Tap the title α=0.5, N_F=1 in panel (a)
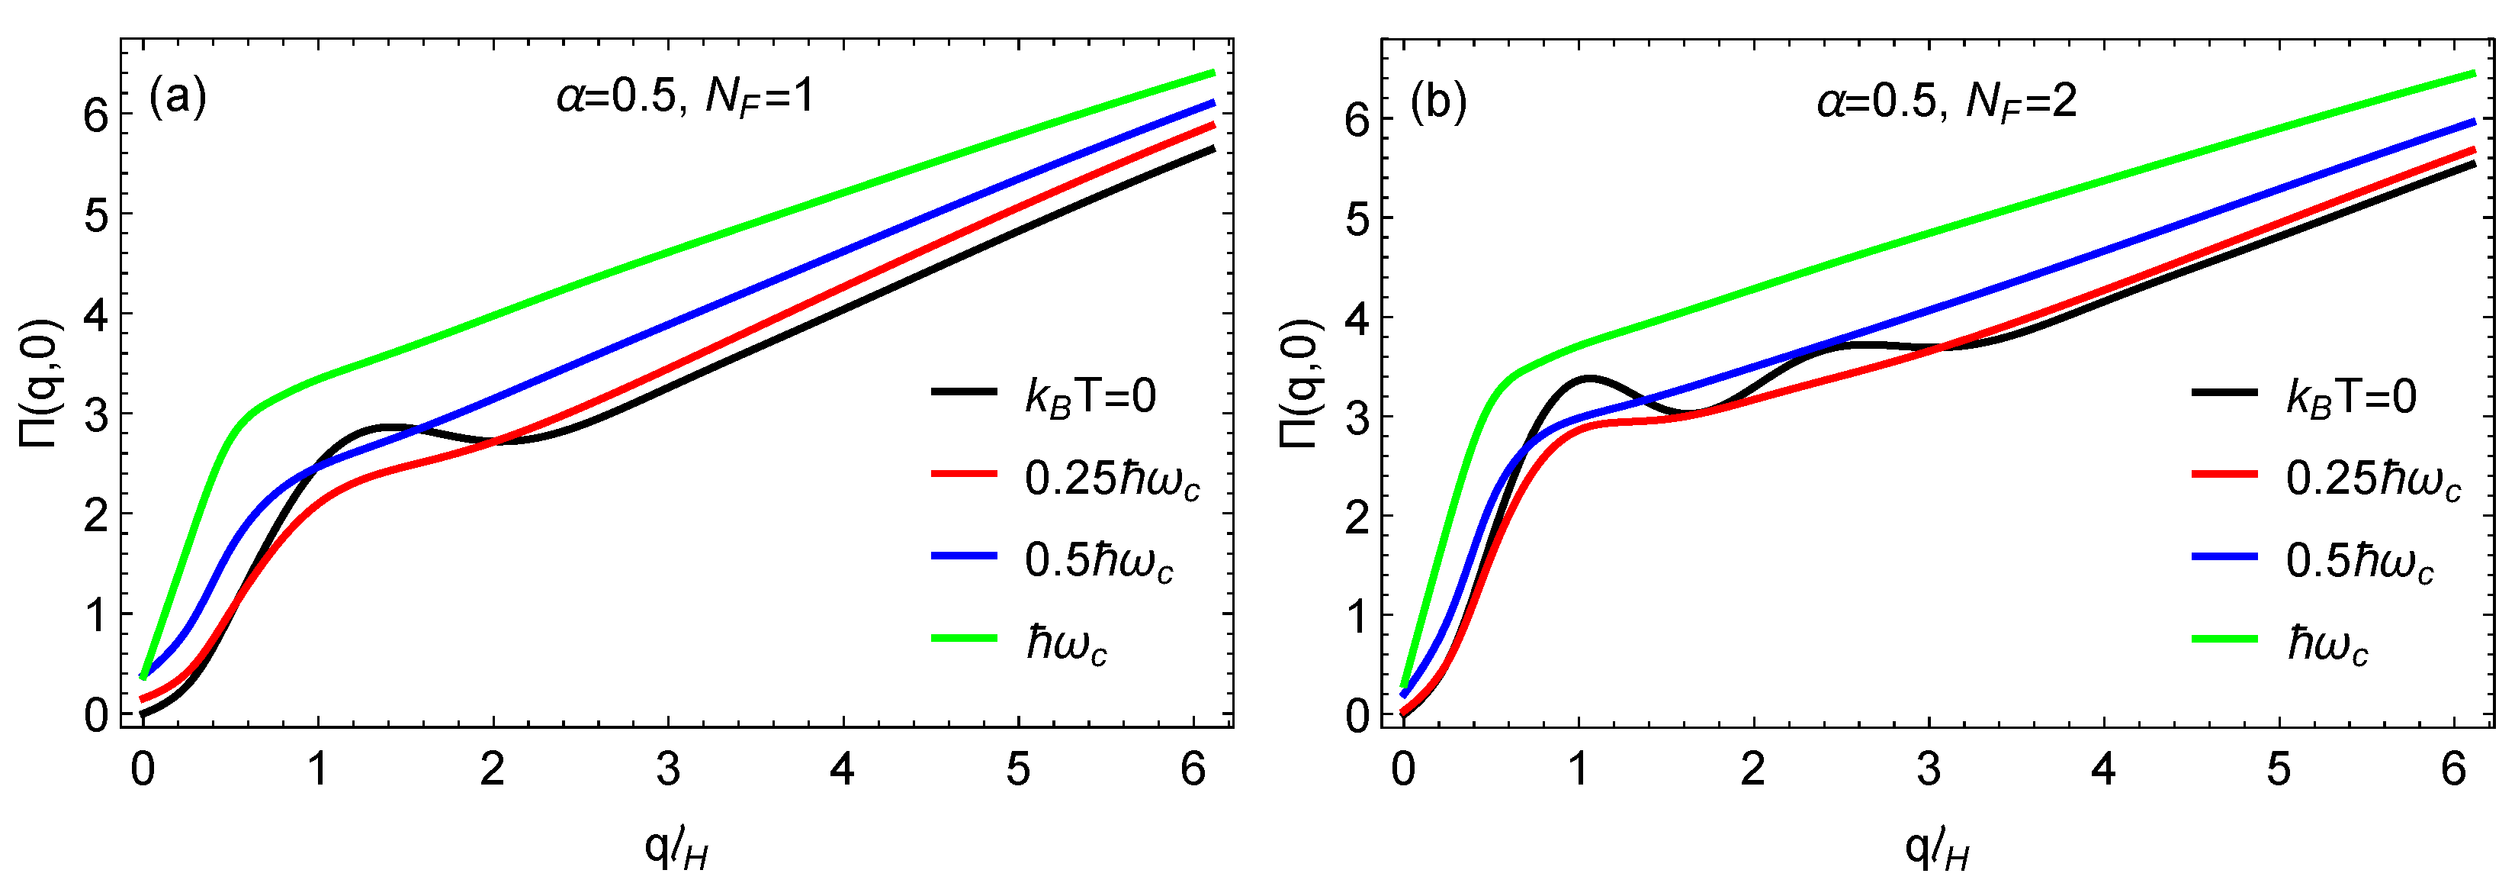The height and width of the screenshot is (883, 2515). pos(684,97)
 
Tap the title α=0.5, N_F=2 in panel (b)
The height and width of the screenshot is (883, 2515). pos(1946,101)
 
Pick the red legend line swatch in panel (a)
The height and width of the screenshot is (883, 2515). pos(964,474)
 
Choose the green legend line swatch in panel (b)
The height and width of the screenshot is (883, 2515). pos(2225,639)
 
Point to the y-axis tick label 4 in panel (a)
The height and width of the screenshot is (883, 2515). pos(95,314)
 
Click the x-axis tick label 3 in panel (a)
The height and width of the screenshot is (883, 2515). pos(668,771)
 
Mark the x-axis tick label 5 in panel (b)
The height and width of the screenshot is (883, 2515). pos(2279,771)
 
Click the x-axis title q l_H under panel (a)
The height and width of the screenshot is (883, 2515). pos(676,849)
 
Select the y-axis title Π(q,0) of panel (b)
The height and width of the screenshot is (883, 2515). pos(1299,383)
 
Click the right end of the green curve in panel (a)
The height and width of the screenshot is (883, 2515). pos(1212,73)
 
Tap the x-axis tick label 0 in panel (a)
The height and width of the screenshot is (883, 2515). pos(143,771)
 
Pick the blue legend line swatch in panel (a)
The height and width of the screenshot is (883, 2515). pos(964,556)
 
